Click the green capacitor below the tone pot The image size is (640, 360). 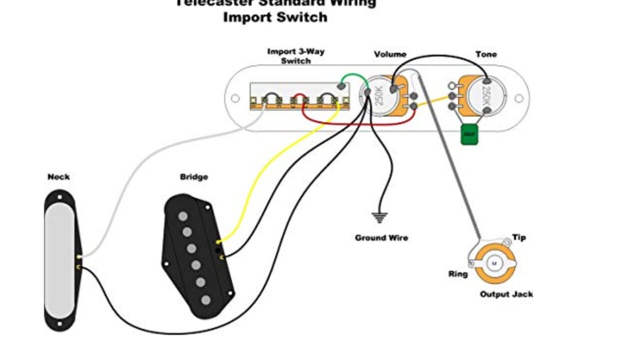tap(469, 135)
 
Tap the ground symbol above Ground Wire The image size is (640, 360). tap(380, 217)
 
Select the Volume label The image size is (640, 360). tap(390, 54)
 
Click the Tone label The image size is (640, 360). tap(486, 54)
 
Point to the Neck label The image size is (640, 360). tap(58, 177)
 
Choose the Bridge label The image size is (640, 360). tap(194, 177)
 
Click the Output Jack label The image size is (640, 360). tap(506, 294)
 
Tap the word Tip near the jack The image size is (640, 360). tap(519, 237)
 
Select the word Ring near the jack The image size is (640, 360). tap(458, 274)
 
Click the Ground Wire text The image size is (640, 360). tap(381, 238)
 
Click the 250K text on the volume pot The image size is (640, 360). tap(378, 96)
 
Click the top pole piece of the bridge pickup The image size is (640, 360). tap(183, 216)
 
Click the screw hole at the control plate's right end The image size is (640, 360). tap(519, 98)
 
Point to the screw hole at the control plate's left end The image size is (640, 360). tap(234, 98)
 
